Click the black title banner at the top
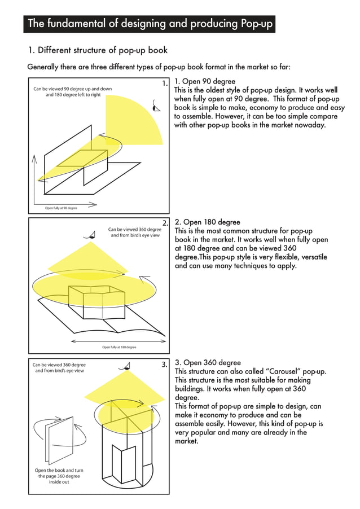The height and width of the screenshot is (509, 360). tap(150, 24)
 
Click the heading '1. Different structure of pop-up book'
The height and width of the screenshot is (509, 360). tap(98, 51)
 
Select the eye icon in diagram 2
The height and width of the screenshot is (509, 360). tap(89, 235)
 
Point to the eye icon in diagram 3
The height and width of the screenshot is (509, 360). tap(125, 367)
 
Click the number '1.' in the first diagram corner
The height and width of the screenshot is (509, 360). tap(165, 84)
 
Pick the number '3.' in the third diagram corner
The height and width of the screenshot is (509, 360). tap(165, 365)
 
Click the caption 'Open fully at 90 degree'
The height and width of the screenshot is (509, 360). tap(61, 208)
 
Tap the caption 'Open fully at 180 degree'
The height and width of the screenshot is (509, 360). tap(118, 347)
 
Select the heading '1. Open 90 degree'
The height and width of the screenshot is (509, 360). tap(205, 81)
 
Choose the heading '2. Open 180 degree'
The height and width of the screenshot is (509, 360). tap(207, 222)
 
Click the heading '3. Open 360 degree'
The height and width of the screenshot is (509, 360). tap(208, 363)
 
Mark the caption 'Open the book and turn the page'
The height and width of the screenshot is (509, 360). tap(59, 476)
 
